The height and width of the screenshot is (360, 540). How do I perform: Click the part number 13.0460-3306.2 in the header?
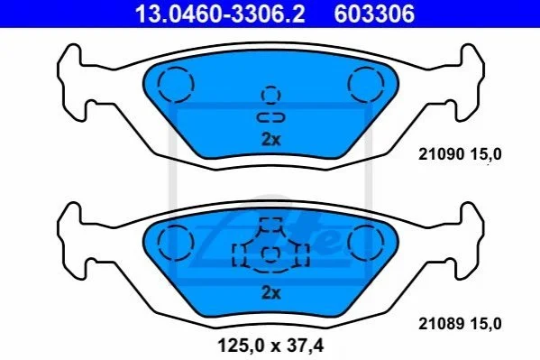point(220,14)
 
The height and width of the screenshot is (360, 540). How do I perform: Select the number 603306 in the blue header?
point(374,14)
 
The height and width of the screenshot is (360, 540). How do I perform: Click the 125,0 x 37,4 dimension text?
point(270,346)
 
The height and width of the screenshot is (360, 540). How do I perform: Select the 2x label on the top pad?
point(271,140)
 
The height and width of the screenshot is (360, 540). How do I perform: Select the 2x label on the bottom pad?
point(271,292)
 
